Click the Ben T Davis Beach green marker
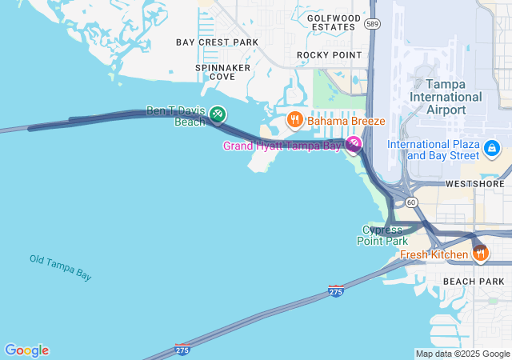tap(218, 116)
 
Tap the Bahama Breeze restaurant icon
tap(294, 121)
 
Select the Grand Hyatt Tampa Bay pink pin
tap(354, 143)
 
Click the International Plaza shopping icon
tap(491, 148)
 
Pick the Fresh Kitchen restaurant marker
tap(480, 253)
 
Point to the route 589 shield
tap(372, 24)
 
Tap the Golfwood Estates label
tap(331, 22)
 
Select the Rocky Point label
tap(329, 54)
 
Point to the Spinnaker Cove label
tap(222, 72)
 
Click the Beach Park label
tap(474, 282)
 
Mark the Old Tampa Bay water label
tap(61, 267)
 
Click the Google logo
tap(26, 350)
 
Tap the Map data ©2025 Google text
tap(462, 354)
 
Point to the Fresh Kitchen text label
tap(434, 254)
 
